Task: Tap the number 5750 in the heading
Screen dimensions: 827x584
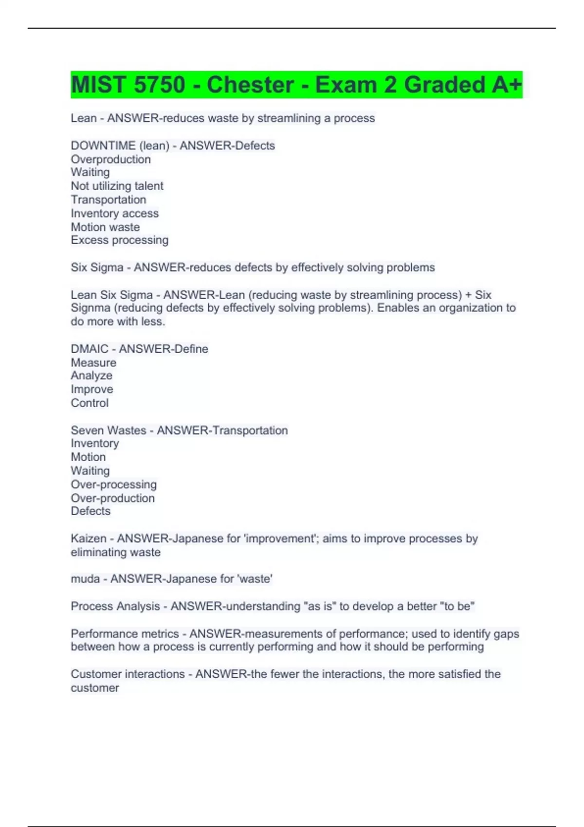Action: (159, 85)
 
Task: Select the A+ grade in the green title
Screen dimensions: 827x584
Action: (506, 85)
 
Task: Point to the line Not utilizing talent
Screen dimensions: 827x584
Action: (117, 186)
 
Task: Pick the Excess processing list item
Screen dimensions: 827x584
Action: (119, 240)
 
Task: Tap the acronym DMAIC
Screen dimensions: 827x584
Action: (90, 349)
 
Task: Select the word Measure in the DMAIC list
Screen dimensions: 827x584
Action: (93, 362)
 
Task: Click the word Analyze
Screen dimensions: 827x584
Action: (91, 376)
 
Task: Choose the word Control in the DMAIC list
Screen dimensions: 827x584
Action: (90, 403)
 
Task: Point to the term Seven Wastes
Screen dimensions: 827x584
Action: (108, 430)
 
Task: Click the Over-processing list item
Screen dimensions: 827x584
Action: (113, 485)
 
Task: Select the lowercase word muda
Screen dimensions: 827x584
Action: (85, 579)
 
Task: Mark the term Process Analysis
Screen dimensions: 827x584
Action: (115, 606)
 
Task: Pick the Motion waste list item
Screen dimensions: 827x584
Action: (105, 227)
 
